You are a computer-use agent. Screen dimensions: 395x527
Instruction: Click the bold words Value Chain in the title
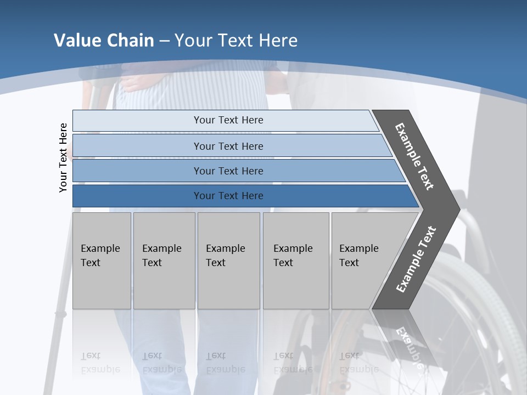tap(104, 41)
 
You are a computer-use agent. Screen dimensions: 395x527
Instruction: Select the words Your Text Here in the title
tap(236, 41)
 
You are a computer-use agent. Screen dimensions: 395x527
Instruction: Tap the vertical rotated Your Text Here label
tap(63, 157)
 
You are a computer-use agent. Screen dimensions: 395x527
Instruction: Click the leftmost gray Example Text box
tap(102, 261)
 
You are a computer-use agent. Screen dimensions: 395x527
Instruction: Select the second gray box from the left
tap(164, 261)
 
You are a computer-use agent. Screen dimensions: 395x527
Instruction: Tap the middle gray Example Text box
tap(228, 261)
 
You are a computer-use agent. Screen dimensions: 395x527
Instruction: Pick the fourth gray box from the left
tap(296, 261)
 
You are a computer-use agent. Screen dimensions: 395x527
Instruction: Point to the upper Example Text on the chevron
tap(414, 156)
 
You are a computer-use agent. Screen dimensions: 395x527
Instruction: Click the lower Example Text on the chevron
tap(416, 259)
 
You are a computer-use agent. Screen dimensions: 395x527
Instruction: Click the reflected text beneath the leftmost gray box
tap(100, 362)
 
